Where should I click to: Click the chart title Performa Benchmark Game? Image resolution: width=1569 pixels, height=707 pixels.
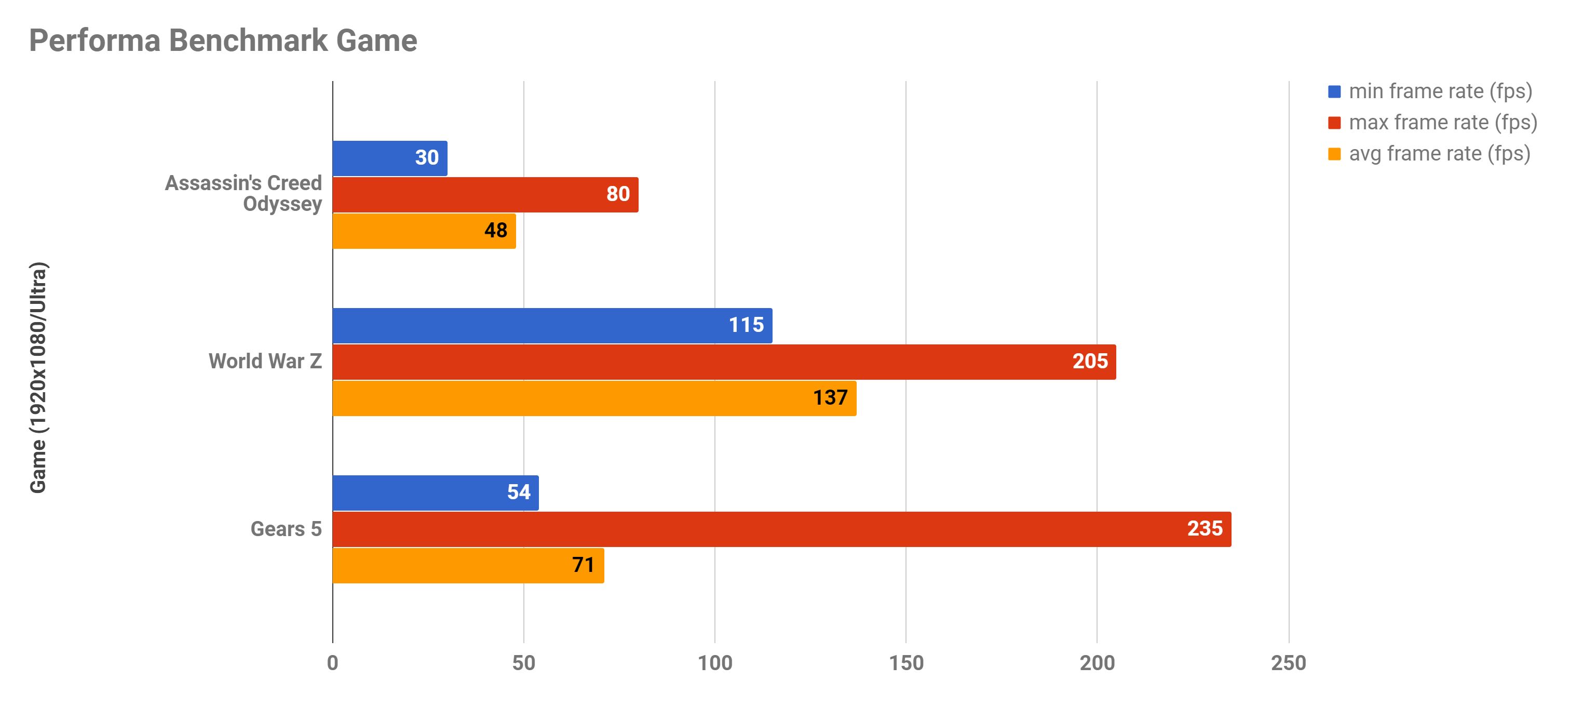point(223,41)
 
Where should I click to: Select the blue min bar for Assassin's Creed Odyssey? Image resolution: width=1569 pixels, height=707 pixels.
point(390,158)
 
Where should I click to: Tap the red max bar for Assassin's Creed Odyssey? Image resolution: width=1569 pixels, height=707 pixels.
point(485,195)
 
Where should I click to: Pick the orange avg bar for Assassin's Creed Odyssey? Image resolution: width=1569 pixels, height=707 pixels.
point(424,231)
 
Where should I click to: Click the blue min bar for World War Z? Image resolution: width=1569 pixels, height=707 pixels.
point(552,326)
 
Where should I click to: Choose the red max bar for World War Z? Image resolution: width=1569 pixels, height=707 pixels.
point(724,362)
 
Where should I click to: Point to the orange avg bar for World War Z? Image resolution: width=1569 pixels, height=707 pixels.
point(594,398)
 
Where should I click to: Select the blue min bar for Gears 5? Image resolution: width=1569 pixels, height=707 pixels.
point(436,493)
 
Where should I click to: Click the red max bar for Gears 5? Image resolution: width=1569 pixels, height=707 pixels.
point(781,529)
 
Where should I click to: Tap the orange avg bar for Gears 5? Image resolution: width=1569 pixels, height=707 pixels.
point(468,566)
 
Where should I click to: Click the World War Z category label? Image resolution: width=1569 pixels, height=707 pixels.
point(265,362)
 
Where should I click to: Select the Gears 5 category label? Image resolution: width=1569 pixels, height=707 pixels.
point(286,529)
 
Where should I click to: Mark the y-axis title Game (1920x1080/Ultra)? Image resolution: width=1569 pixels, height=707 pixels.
point(38,378)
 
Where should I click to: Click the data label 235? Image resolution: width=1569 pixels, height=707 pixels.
point(1204,528)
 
